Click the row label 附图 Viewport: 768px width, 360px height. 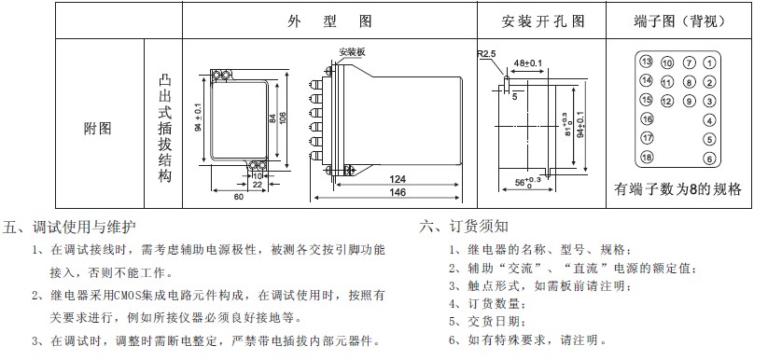point(97,127)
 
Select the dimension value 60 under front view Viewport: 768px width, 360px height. point(238,197)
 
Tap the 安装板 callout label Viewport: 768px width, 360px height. point(352,52)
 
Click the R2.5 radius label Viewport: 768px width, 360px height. point(487,54)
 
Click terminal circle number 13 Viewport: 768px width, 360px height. point(646,61)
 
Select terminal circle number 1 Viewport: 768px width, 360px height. point(709,62)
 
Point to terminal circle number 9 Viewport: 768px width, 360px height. point(689,101)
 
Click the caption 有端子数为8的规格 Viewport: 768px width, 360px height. point(677,188)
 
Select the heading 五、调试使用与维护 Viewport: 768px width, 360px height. point(71,227)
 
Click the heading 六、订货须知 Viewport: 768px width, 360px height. point(464,227)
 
